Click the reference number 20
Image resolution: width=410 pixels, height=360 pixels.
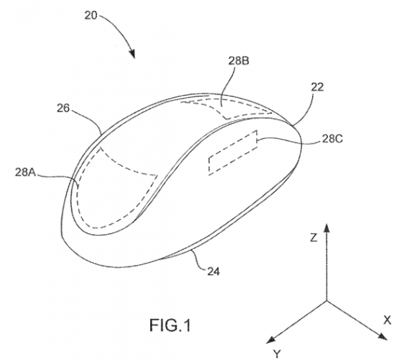pyautogui.click(x=91, y=16)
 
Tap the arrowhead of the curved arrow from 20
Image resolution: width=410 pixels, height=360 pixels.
pyautogui.click(x=132, y=53)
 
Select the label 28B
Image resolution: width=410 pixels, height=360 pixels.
pyautogui.click(x=239, y=61)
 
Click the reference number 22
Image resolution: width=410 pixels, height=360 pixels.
pyautogui.click(x=317, y=87)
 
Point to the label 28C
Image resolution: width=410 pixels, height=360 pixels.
pyautogui.click(x=332, y=139)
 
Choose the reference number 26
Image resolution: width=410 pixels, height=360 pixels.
pyautogui.click(x=63, y=108)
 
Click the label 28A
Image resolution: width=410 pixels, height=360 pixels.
pyautogui.click(x=25, y=172)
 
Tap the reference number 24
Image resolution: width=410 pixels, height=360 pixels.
pyautogui.click(x=214, y=271)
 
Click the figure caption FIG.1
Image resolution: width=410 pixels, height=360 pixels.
pyautogui.click(x=170, y=325)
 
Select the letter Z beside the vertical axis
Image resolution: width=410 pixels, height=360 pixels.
pyautogui.click(x=314, y=238)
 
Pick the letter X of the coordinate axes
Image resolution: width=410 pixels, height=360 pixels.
pyautogui.click(x=387, y=320)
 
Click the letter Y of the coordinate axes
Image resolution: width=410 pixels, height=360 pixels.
pyautogui.click(x=277, y=354)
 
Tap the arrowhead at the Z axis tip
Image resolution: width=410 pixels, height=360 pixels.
pyautogui.click(x=327, y=228)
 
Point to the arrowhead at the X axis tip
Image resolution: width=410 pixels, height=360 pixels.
pyautogui.click(x=383, y=337)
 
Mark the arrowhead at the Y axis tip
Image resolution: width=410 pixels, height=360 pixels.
pyautogui.click(x=270, y=339)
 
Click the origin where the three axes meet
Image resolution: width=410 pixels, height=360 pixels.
pyautogui.click(x=327, y=301)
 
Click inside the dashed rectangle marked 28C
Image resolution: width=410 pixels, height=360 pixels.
pyautogui.click(x=233, y=153)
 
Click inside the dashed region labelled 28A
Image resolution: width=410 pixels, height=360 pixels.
pyautogui.click(x=110, y=194)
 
